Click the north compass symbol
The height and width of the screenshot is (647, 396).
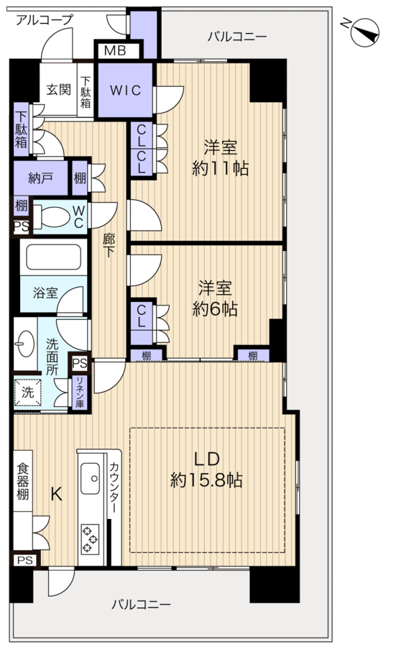click(x=364, y=32)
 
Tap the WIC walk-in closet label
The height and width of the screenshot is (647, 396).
click(x=125, y=90)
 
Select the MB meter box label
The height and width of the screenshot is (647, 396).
click(x=115, y=51)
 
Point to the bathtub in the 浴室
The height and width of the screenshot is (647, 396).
click(x=54, y=257)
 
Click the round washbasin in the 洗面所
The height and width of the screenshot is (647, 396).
click(x=24, y=343)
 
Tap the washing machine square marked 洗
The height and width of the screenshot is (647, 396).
click(x=27, y=392)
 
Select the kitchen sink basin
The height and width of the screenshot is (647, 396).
click(x=90, y=478)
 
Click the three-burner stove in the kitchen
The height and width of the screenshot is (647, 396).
click(x=91, y=538)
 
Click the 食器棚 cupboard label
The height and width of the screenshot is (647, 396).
click(x=23, y=481)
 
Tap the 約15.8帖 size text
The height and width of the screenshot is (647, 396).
click(x=206, y=480)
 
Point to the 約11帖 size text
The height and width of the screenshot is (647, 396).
click(x=220, y=168)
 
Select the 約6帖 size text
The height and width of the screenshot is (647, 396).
click(x=214, y=309)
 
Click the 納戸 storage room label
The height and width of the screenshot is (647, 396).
click(x=40, y=178)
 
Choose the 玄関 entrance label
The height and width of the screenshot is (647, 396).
click(x=58, y=89)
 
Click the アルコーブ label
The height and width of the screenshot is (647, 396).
click(x=44, y=19)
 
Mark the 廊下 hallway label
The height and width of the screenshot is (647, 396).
click(x=109, y=245)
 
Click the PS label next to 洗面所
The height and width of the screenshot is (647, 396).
click(x=80, y=363)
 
